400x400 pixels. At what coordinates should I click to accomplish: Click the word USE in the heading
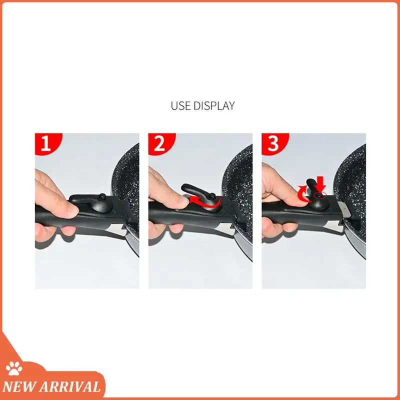tap(180, 106)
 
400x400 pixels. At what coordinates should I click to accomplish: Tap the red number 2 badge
tap(159, 144)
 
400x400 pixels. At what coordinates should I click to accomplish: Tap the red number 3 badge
tap(273, 144)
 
